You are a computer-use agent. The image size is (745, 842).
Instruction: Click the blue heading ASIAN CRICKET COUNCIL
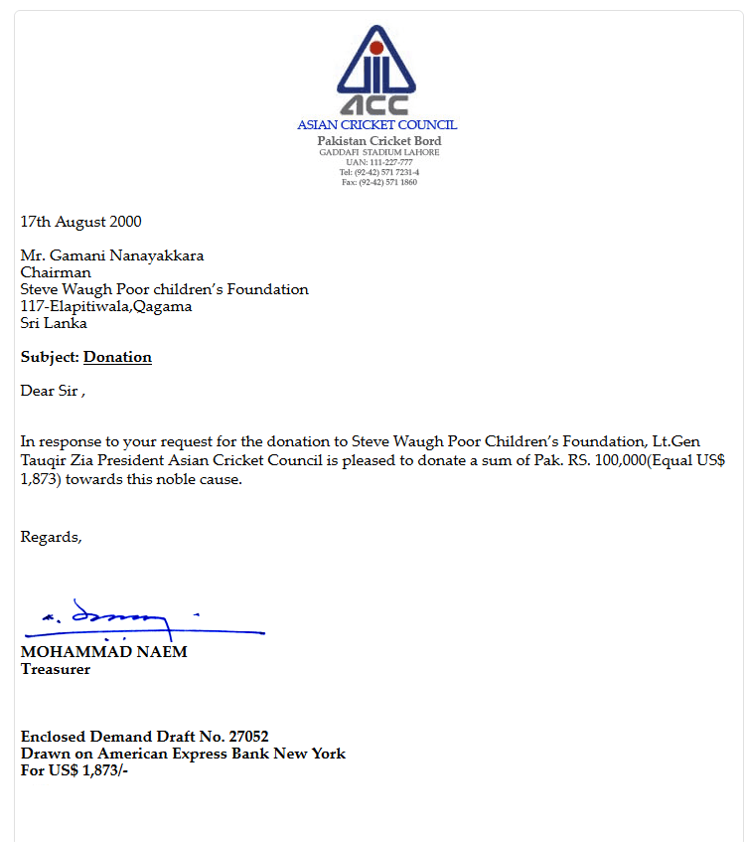coord(376,125)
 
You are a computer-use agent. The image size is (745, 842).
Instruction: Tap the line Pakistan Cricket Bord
coord(378,141)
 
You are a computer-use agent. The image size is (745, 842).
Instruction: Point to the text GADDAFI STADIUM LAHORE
coord(377,152)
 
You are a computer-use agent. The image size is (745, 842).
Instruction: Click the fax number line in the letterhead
coord(378,182)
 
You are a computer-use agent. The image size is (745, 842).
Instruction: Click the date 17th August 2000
coord(80,222)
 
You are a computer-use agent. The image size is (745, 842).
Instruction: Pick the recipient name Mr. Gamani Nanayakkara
coord(112,255)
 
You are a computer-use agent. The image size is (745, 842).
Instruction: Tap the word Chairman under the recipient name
coord(56,272)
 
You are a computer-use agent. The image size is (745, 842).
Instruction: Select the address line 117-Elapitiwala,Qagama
coord(106,306)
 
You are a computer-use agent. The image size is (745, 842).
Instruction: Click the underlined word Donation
coord(117,357)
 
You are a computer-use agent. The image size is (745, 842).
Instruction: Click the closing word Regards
coord(50,537)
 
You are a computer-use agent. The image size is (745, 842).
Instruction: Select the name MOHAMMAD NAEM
coord(103,652)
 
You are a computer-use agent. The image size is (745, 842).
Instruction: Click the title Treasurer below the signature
coord(56,669)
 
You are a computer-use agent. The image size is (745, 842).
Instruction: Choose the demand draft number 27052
coord(248,737)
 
